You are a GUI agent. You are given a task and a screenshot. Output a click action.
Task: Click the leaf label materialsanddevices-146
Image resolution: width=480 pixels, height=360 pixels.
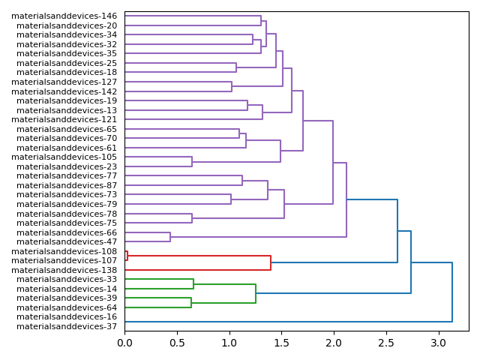64,16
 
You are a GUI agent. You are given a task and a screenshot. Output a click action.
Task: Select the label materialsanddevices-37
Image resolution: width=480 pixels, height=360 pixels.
67,326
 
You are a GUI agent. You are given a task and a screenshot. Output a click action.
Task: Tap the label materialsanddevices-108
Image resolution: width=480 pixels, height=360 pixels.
64,251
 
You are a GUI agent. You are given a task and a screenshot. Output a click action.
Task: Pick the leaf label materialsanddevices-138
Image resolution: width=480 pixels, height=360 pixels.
64,270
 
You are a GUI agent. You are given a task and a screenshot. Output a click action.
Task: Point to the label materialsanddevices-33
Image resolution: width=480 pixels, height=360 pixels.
67,279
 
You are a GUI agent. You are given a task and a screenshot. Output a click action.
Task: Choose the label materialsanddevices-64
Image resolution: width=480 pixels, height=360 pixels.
67,307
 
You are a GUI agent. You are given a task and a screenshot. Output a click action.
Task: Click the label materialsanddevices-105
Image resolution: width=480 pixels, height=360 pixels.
64,157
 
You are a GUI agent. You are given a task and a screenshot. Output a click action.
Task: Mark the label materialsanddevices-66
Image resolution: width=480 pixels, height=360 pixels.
67,232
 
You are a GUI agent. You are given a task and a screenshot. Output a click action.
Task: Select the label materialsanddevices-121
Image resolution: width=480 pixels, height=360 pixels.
64,119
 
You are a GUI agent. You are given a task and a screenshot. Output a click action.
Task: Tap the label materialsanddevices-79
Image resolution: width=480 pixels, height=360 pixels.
67,204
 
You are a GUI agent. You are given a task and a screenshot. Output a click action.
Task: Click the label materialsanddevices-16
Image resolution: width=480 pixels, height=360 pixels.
67,316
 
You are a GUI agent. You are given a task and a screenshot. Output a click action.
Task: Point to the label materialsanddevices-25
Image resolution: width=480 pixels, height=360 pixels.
67,63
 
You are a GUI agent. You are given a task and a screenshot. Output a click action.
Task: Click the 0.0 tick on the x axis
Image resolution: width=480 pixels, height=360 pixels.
124,343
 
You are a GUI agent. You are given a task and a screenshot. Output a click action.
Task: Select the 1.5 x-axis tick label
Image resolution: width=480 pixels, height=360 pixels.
281,343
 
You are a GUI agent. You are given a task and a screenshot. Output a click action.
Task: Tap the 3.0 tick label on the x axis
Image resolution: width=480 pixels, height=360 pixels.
438,343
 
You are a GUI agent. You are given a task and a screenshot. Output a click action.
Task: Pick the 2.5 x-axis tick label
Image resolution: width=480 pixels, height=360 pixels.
385,343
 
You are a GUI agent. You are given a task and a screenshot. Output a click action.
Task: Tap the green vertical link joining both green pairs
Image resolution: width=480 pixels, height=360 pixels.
256,293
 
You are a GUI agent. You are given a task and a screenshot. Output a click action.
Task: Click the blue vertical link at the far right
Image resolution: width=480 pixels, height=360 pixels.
452,292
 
